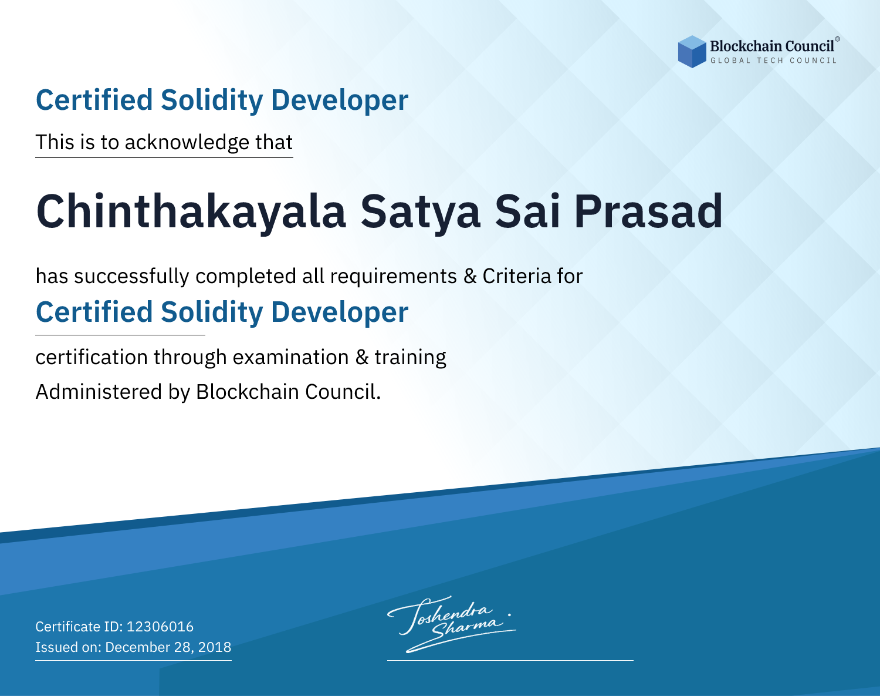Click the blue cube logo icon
click(692, 52)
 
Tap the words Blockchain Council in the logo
click(772, 46)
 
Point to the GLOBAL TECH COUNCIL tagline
click(773, 60)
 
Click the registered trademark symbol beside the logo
click(838, 39)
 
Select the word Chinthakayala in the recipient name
click(191, 211)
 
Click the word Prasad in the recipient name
click(648, 211)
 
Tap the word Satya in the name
click(421, 213)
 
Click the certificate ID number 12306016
click(160, 626)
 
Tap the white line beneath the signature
click(510, 660)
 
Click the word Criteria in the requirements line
click(516, 276)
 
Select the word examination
click(290, 357)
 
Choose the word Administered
click(99, 391)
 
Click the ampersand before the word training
click(361, 357)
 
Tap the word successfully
click(131, 276)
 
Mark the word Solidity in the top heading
click(212, 100)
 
